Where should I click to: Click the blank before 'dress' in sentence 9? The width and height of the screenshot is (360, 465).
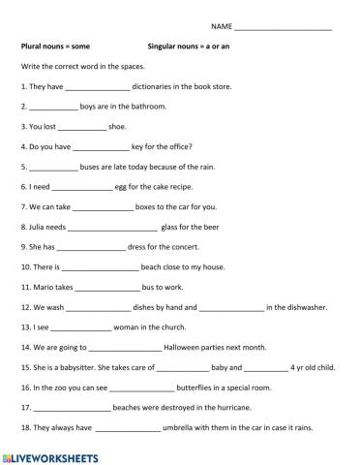pos(97,247)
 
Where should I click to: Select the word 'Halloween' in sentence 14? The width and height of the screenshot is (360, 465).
pos(183,347)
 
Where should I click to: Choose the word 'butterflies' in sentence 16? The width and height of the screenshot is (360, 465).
pos(169,387)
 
